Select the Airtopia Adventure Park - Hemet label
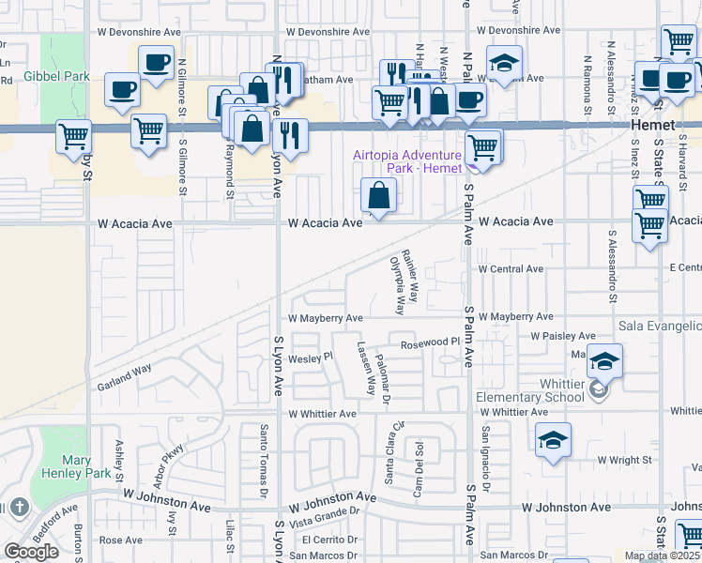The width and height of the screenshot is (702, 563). click(x=407, y=161)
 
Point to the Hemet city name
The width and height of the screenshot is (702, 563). click(x=652, y=125)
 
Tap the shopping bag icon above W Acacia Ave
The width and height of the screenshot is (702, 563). click(x=379, y=196)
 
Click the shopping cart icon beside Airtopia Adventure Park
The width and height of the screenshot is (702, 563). click(x=482, y=146)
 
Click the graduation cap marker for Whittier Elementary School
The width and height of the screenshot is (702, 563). click(x=604, y=360)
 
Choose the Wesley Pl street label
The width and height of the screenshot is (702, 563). click(x=311, y=357)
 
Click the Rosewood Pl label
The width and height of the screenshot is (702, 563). click(x=428, y=343)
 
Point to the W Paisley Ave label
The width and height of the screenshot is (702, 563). click(x=562, y=335)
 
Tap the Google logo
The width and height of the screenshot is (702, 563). click(x=32, y=551)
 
